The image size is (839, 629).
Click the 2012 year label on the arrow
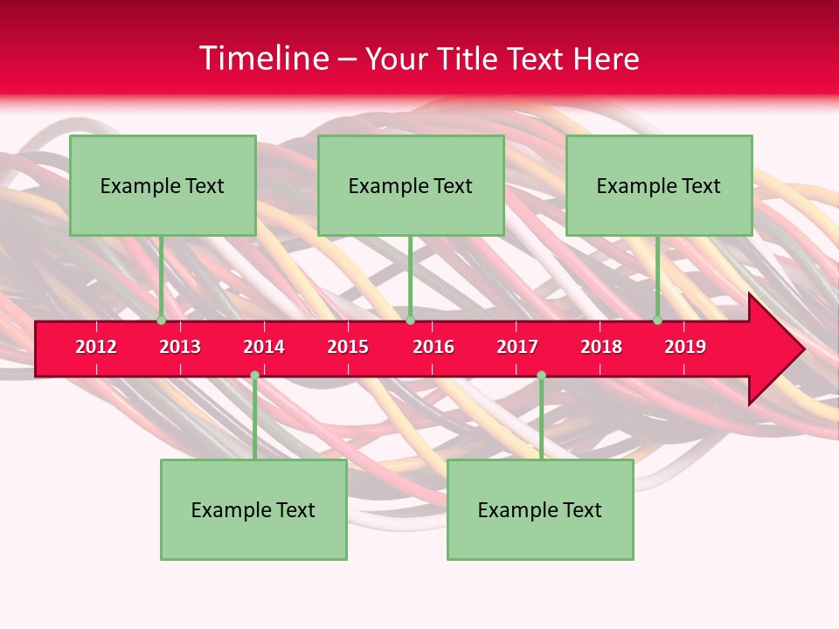[96, 347]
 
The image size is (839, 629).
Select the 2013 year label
[180, 347]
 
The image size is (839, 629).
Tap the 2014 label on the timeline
[264, 347]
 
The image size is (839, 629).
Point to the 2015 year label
[348, 347]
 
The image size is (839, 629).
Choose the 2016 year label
[433, 347]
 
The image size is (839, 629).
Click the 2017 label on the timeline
[517, 347]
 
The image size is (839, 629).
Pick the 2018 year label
[601, 347]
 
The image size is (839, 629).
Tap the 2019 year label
[685, 347]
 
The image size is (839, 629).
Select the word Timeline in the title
[263, 59]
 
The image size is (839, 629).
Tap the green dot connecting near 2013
[161, 321]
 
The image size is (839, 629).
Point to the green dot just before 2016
[410, 321]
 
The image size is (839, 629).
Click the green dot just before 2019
[657, 321]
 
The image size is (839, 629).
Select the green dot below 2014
[254, 376]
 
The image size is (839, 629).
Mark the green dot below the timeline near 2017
[541, 376]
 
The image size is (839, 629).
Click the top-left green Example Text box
[163, 185]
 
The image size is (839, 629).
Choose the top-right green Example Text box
[659, 185]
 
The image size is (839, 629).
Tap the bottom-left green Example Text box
[253, 509]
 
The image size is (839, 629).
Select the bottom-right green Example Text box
[540, 509]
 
